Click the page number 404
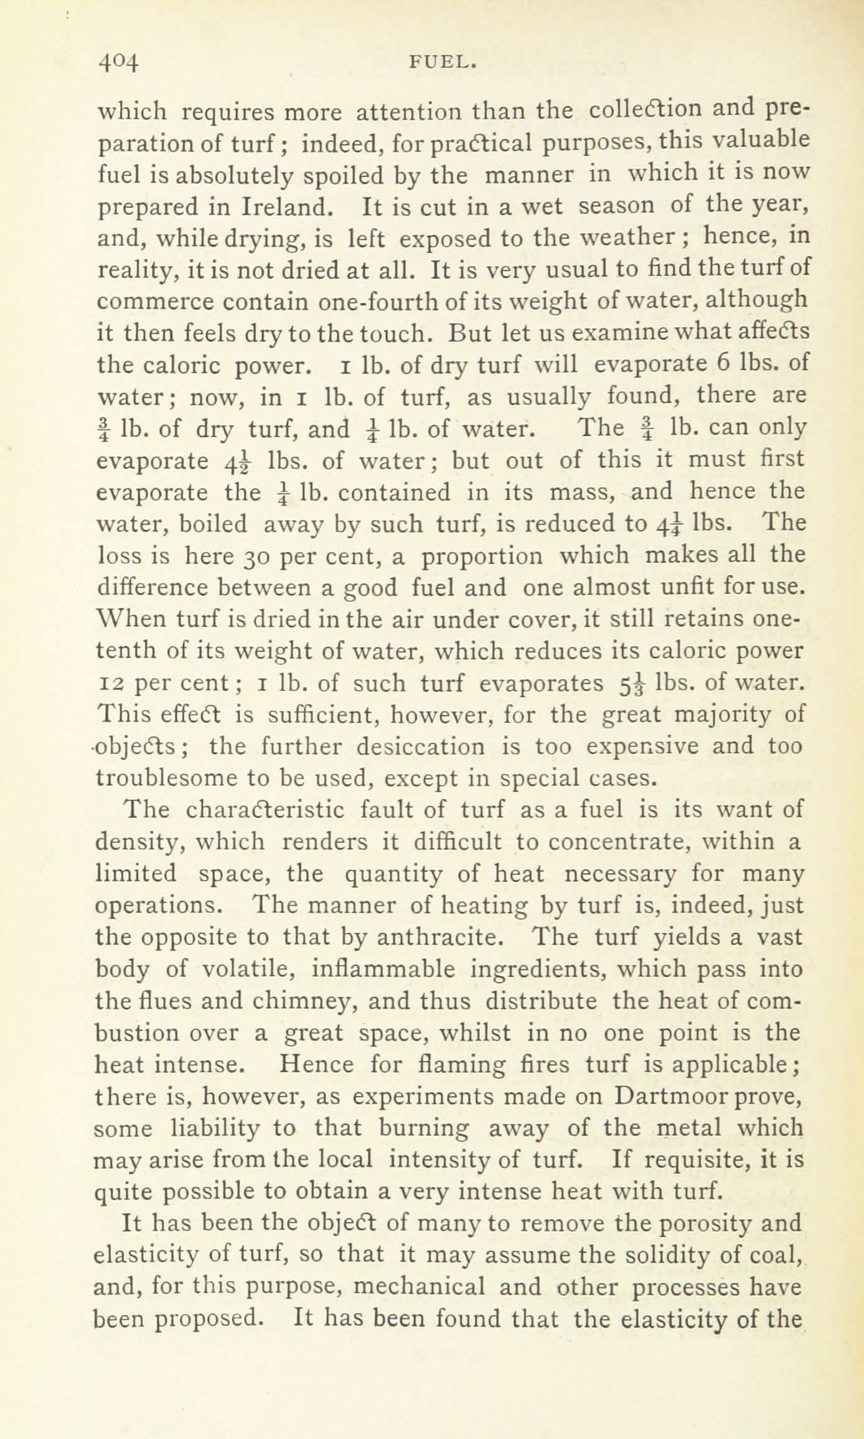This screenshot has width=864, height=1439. [118, 64]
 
